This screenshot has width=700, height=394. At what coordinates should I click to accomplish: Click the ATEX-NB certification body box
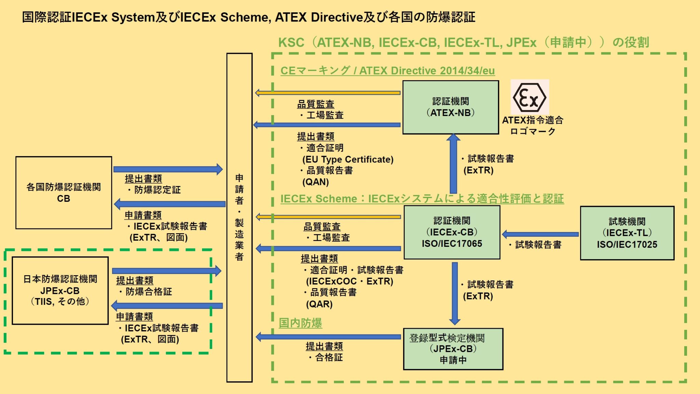coord(450,107)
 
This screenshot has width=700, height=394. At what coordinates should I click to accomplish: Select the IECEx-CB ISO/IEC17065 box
coord(452,232)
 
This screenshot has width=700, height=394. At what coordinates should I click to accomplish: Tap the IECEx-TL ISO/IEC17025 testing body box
coord(627,233)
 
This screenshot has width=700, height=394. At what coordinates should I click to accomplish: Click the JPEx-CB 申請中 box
coord(453,349)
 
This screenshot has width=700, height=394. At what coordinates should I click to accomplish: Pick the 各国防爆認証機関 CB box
coord(64,193)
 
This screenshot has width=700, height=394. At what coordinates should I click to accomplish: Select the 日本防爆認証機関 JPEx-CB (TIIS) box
coord(60,290)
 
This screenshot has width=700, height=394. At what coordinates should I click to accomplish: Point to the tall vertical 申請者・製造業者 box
coord(239,217)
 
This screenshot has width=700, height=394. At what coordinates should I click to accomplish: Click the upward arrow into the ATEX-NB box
coord(453,164)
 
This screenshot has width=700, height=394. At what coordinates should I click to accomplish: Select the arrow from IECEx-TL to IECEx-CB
coord(540,234)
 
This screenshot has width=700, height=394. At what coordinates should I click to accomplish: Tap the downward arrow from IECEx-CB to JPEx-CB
coord(455,294)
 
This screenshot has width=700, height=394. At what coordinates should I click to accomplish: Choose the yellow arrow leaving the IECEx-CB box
coord(328,217)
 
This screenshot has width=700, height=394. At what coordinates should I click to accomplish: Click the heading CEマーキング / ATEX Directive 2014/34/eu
coord(387,71)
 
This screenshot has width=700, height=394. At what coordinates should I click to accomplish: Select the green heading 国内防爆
coord(300,323)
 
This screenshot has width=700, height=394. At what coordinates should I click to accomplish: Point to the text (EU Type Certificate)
coord(348,159)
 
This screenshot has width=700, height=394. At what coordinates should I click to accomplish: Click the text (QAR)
coord(319,304)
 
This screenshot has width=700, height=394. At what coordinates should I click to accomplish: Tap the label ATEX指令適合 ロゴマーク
coord(533,126)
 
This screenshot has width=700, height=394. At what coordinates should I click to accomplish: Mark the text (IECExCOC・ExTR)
coord(349,281)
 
